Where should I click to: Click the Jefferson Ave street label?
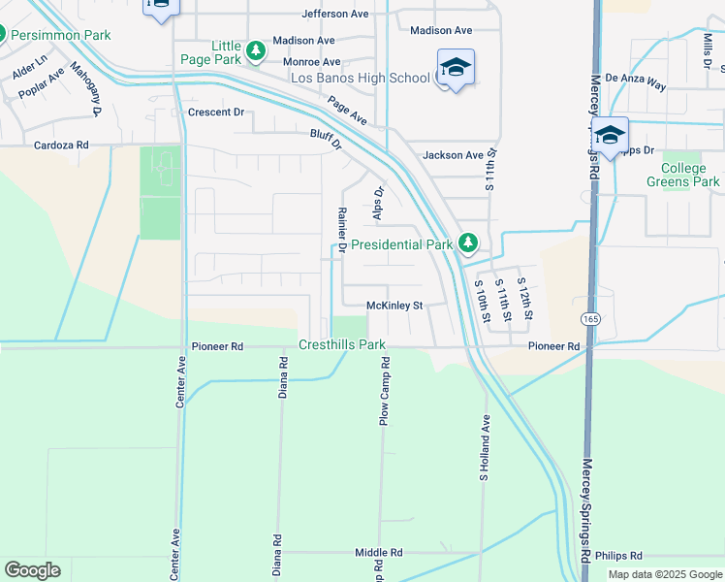[335, 15]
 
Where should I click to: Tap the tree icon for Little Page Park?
[255, 50]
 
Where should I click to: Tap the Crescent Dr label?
[216, 113]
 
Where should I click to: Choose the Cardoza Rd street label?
[61, 145]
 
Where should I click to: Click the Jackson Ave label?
[453, 155]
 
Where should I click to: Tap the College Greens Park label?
[683, 175]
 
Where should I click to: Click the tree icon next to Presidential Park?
[468, 242]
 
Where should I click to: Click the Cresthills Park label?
[342, 344]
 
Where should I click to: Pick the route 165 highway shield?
[589, 318]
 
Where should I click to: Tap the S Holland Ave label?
[484, 448]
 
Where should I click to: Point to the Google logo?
[32, 570]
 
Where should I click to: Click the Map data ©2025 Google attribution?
[664, 574]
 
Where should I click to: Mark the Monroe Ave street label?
[311, 61]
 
